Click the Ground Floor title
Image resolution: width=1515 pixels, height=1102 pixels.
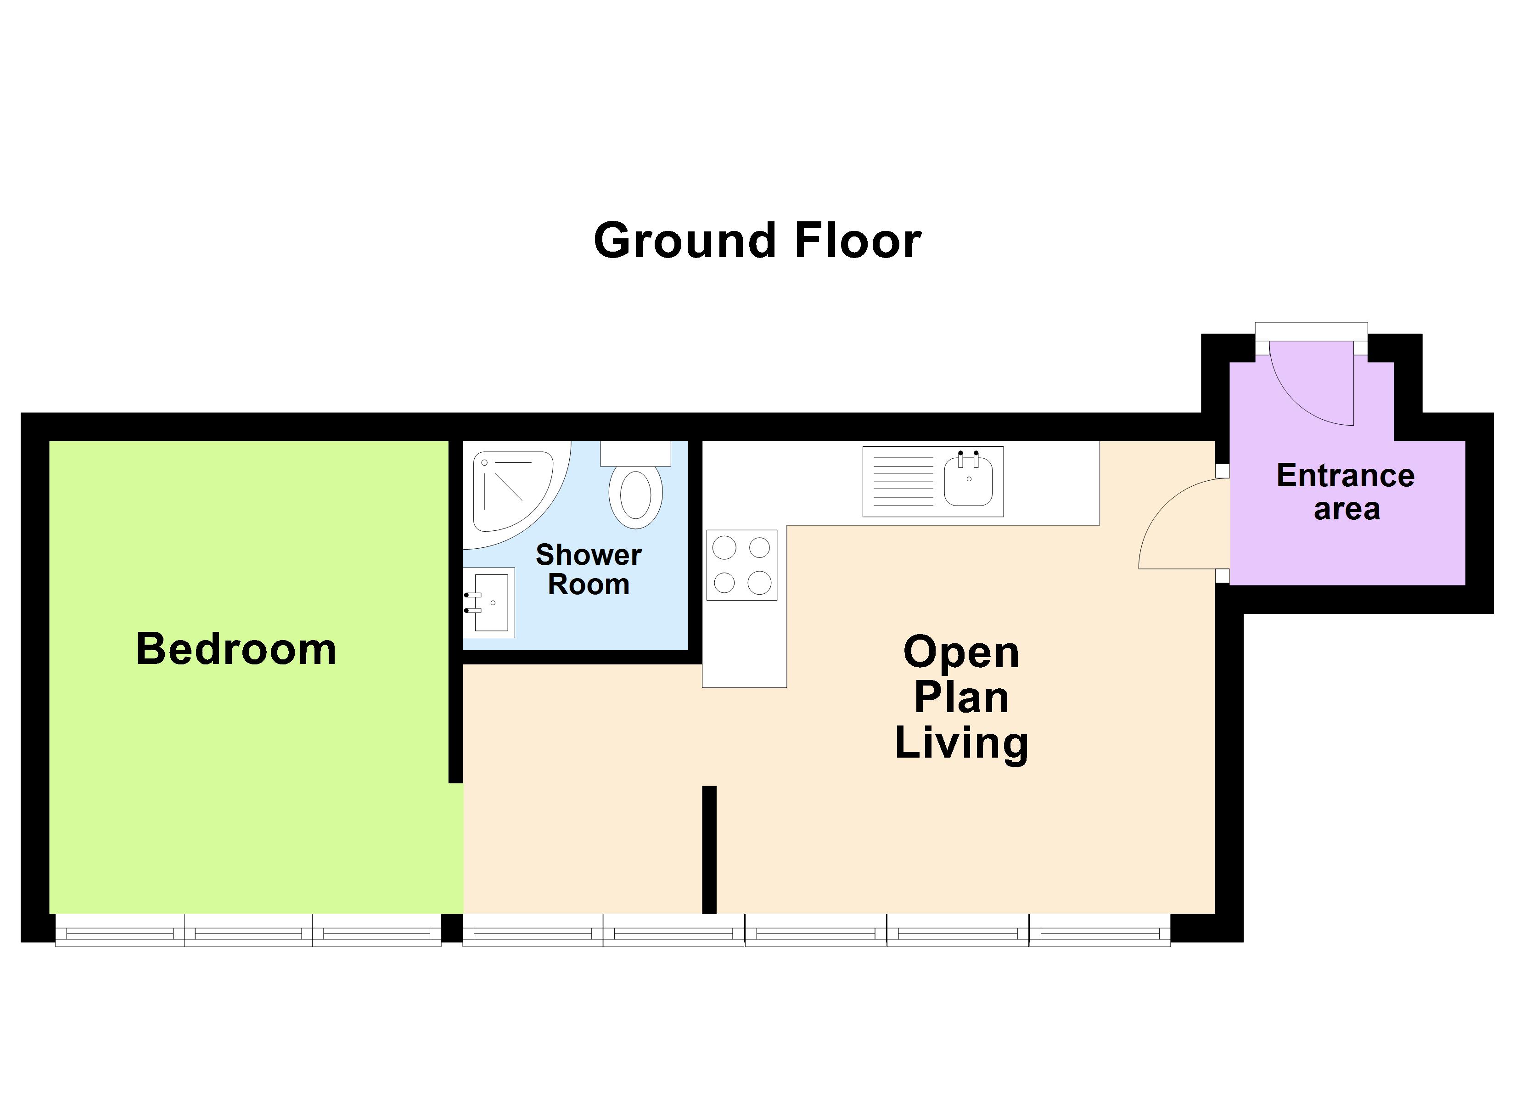point(757,241)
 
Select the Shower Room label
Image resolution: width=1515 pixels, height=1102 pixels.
point(589,569)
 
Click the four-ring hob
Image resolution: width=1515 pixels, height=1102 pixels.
point(741,565)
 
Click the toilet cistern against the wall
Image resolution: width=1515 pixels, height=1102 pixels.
point(635,453)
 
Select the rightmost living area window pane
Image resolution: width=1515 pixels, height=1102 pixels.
point(1100,930)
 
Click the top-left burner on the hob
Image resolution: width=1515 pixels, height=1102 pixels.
point(724,548)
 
